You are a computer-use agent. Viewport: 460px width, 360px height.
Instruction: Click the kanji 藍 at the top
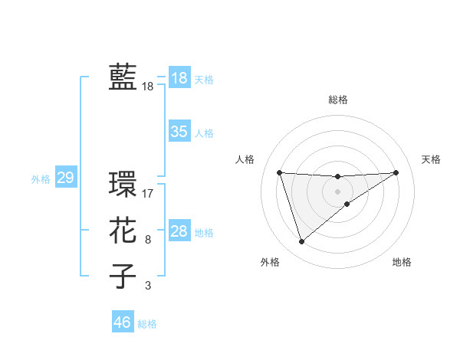pos(123,77)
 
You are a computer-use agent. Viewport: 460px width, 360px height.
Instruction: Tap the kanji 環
pos(123,185)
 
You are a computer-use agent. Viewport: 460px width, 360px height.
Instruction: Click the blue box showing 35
pos(179,132)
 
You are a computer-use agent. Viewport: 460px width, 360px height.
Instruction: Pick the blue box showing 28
pos(179,231)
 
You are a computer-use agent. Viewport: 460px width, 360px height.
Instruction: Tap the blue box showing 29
pos(65,178)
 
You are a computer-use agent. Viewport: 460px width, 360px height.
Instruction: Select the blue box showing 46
pos(123,322)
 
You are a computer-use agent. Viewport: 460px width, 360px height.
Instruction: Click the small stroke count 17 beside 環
pos(148,194)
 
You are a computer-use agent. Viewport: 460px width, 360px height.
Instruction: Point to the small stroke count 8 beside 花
pos(148,240)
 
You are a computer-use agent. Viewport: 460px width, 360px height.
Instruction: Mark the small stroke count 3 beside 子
pos(148,286)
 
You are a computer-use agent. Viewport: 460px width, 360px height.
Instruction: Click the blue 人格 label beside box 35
pos(204,133)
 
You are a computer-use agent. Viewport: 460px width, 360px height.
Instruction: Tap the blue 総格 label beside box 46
pos(147,324)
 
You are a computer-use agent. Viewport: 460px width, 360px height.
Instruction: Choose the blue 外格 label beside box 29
pos(41,179)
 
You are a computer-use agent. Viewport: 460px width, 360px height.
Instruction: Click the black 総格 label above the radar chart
pos(337,100)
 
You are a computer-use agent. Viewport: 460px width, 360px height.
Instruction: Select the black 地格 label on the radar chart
pos(402,262)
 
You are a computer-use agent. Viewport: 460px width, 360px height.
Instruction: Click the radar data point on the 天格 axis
pos(396,172)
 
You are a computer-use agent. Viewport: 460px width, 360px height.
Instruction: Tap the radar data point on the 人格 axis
pos(279,172)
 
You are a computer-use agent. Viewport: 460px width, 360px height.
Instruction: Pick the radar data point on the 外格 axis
pos(301,242)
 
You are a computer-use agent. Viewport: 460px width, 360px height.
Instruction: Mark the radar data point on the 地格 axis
pos(347,204)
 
